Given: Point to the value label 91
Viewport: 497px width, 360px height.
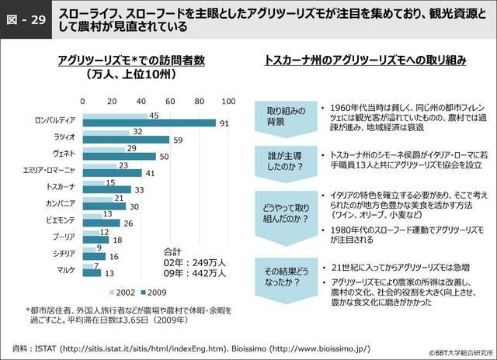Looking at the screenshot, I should [x=223, y=123].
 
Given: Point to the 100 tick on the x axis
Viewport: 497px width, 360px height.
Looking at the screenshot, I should [x=228, y=102].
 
